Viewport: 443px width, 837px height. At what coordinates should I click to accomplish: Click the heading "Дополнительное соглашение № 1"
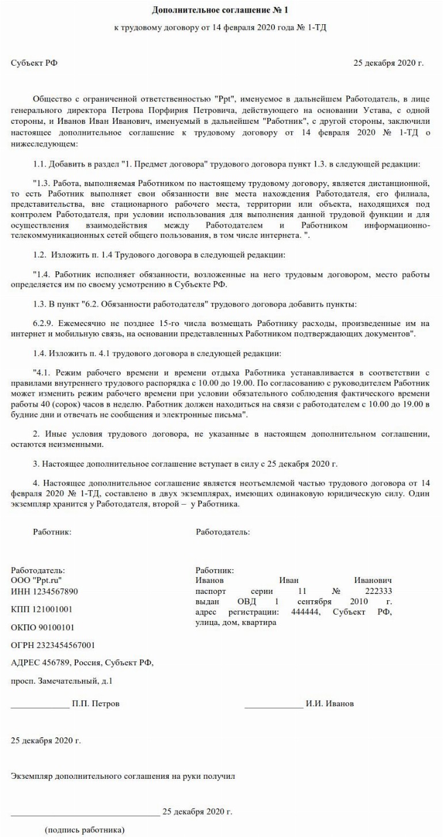tap(221, 10)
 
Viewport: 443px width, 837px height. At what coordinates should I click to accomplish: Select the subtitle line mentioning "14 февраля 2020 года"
tap(221, 28)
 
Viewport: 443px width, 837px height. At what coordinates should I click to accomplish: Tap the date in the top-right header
tap(388, 62)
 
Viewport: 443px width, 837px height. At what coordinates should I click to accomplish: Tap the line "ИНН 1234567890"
tap(44, 591)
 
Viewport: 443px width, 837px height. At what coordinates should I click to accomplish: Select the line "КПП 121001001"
tap(41, 609)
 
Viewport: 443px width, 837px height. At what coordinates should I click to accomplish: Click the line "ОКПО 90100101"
tap(42, 627)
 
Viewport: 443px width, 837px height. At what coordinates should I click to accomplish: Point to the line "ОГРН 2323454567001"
tap(53, 645)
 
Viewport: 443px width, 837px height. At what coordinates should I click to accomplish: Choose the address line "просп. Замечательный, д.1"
tap(62, 680)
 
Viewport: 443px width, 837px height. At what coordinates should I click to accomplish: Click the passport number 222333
tap(378, 591)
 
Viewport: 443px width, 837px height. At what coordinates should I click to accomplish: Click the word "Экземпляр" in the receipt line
tap(32, 776)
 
